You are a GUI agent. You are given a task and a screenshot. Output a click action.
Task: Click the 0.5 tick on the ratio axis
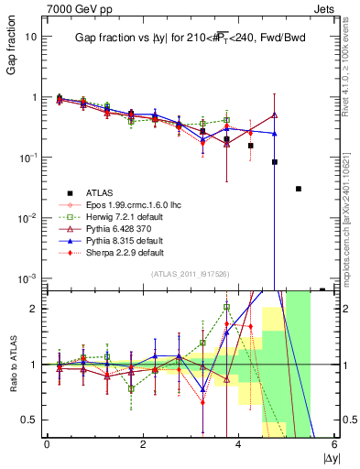click(x=30, y=420)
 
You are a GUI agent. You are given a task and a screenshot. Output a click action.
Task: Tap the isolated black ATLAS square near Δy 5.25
click(x=299, y=189)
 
